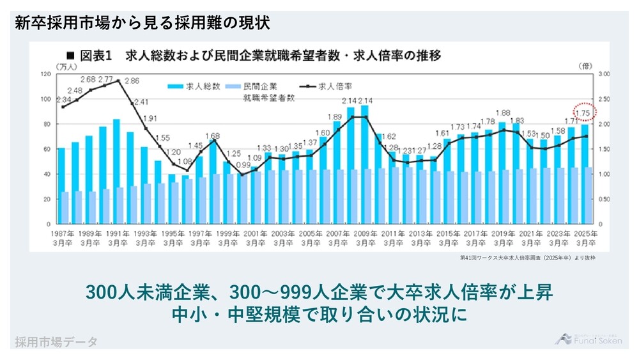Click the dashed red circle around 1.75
584,113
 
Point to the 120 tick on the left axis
45,74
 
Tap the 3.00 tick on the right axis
604,74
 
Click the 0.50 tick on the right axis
604,200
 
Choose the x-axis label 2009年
366,235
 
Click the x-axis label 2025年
587,235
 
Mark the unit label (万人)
66,66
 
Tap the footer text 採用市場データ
56,342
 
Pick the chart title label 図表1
95,55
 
